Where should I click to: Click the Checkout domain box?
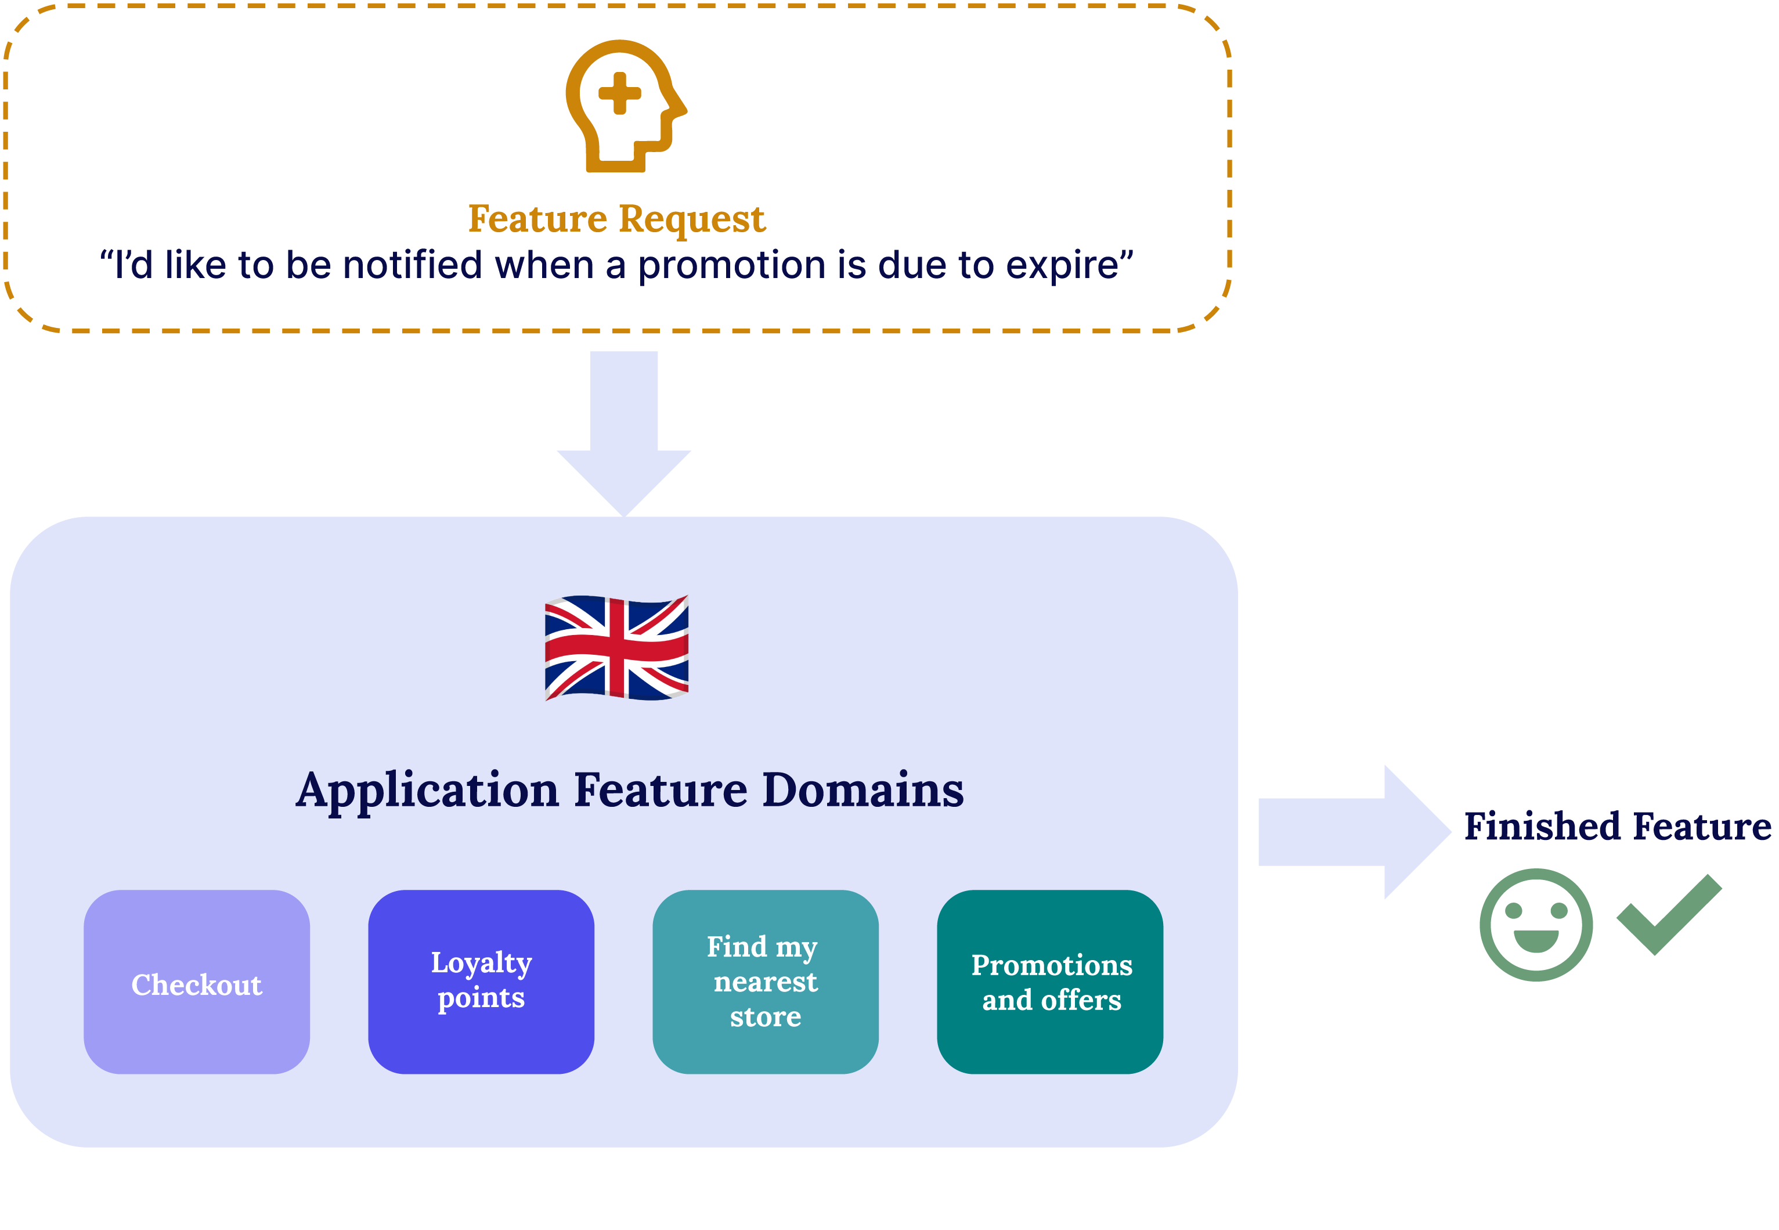196,982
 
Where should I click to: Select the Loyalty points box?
481,982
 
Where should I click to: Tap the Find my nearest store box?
765,982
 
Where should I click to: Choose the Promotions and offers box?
1049,982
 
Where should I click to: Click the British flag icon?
616,647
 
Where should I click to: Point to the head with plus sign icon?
624,106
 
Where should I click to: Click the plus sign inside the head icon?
619,94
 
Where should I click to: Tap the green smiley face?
1536,925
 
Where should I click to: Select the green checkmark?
1669,915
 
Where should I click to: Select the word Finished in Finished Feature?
1542,827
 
